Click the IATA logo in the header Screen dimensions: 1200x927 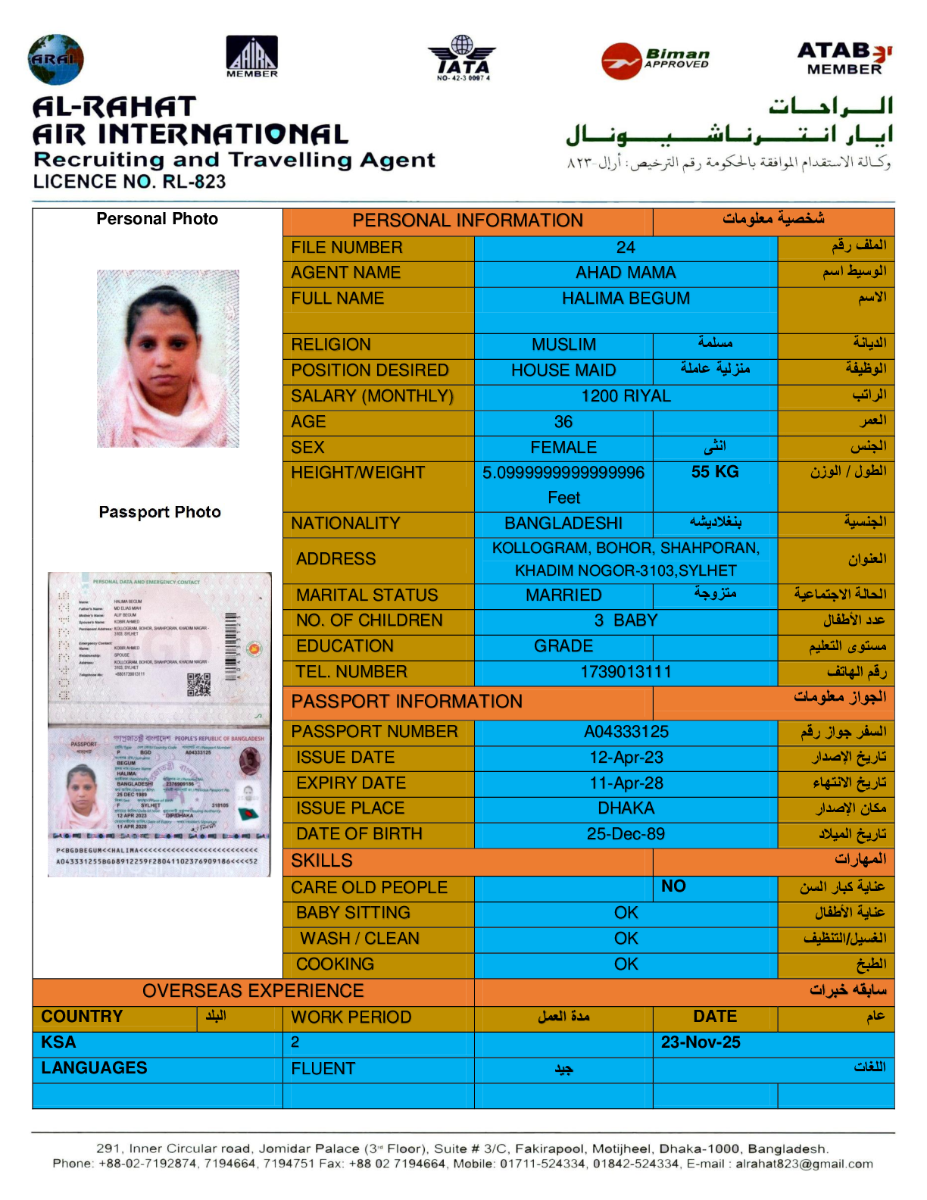(463, 58)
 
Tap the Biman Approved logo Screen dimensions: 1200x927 (656, 60)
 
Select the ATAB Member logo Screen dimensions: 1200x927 (844, 58)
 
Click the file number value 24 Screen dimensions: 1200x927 (626, 248)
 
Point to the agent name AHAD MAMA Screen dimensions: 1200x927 (626, 273)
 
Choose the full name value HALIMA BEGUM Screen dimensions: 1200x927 (626, 298)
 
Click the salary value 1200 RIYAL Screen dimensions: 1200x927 (626, 396)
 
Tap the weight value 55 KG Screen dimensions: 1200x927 (714, 472)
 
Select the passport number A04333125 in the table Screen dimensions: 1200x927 (626, 732)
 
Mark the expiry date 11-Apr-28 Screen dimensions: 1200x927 (626, 783)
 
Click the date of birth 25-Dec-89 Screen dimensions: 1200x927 (626, 834)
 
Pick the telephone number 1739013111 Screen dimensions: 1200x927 (626, 672)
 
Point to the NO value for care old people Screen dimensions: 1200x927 (673, 886)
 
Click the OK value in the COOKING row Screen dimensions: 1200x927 (626, 964)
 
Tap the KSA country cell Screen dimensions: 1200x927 (58, 1042)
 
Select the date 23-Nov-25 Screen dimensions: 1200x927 (701, 1042)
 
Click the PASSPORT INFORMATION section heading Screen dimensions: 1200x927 (407, 702)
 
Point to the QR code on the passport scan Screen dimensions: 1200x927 (198, 684)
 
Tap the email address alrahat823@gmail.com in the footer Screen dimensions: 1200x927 (804, 1164)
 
